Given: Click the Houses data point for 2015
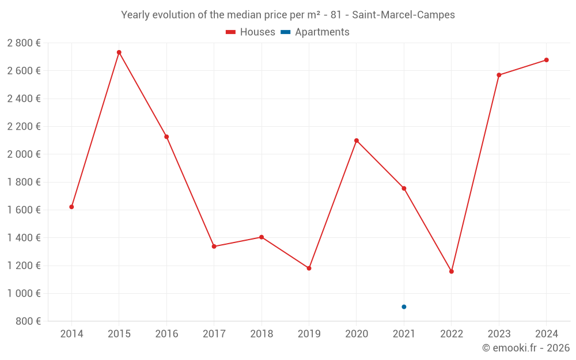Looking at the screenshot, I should (119, 52).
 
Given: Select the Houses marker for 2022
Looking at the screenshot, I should (452, 271).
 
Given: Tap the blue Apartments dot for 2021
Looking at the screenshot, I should (404, 307).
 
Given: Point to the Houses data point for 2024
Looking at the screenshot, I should (547, 60).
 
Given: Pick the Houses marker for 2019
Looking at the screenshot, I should (309, 268).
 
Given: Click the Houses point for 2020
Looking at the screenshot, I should (357, 141).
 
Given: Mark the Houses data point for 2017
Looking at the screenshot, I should (214, 247).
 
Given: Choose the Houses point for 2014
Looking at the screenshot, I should (71, 207).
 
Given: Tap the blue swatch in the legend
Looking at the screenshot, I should (285, 32).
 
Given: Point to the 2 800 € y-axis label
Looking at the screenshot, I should (24, 43).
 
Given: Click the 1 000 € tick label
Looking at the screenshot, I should (24, 294).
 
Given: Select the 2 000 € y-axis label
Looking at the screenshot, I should (24, 154).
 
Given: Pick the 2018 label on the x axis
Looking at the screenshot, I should (262, 334).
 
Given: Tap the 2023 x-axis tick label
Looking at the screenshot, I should (499, 334).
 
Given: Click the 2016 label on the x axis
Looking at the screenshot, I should (166, 334).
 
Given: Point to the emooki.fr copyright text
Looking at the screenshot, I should (526, 348).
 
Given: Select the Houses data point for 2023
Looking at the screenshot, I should (499, 75).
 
